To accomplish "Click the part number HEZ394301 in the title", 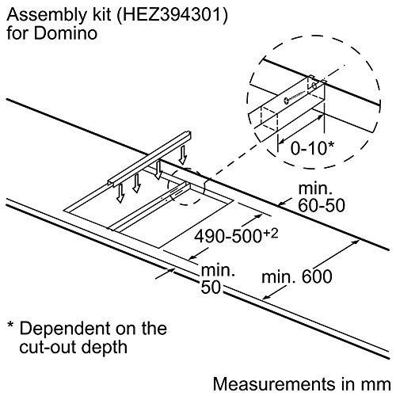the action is [171, 15].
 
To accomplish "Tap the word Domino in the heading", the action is [66, 33].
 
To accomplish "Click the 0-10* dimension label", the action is [312, 148].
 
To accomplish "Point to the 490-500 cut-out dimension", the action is [228, 236].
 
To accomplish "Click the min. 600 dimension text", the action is [297, 276].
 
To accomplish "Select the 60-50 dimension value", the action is [322, 205].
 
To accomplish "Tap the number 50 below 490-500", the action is [211, 287].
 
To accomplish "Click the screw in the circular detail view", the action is [295, 97].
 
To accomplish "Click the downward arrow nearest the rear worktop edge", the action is [182, 155].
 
